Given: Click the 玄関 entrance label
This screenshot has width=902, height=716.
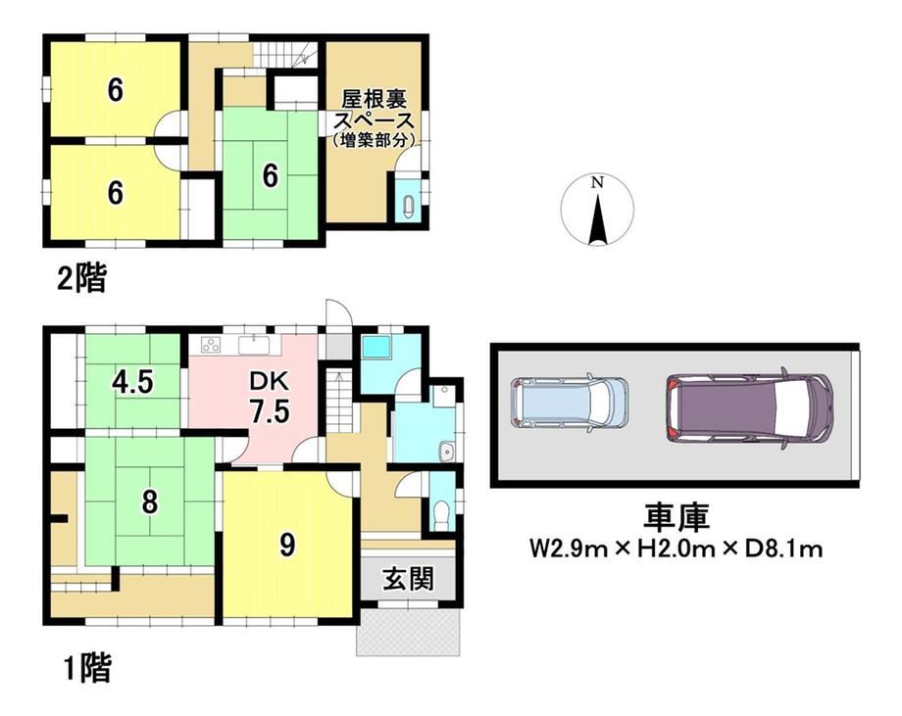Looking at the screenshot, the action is [x=409, y=579].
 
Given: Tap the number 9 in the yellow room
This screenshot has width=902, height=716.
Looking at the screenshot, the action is [x=287, y=545].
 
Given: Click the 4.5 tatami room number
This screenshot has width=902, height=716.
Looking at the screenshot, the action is [x=133, y=382].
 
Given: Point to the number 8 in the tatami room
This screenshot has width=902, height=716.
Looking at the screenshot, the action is [x=150, y=501].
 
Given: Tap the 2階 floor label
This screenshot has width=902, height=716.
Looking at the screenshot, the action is [x=82, y=280].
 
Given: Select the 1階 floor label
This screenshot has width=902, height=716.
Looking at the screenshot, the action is [x=86, y=668].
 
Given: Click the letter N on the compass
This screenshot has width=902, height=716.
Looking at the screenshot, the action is [x=598, y=183].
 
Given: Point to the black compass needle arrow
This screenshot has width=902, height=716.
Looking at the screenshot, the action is [x=598, y=219].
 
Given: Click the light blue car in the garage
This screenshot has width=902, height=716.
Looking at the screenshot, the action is [x=569, y=403].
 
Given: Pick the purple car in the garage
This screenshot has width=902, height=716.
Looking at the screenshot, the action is [x=750, y=406].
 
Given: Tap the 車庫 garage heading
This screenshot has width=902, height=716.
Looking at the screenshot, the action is [x=676, y=516].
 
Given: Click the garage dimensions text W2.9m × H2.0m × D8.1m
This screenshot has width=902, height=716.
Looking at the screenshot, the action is [x=676, y=549].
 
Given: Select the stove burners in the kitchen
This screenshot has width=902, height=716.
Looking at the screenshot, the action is [x=211, y=345].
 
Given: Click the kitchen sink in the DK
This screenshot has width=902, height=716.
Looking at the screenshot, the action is [x=254, y=346].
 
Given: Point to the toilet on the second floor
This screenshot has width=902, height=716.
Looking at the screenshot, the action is [x=409, y=206].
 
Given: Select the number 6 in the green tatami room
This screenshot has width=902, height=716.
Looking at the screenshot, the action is [x=271, y=175].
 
